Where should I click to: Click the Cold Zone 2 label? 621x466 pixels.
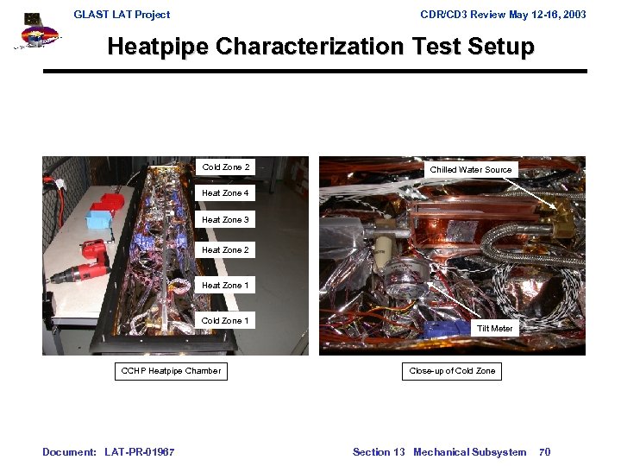click(x=226, y=167)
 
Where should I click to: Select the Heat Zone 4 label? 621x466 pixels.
click(x=225, y=193)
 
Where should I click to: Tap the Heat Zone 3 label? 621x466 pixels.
click(x=225, y=220)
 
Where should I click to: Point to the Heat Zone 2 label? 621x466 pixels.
click(x=225, y=250)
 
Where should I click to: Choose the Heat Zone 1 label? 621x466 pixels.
click(x=225, y=286)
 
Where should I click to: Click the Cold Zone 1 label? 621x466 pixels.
click(x=225, y=321)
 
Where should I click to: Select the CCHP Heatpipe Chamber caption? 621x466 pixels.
click(x=171, y=371)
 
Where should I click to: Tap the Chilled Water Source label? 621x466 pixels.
click(x=471, y=170)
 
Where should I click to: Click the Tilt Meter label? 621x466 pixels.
click(x=495, y=329)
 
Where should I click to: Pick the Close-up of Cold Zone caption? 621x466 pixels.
click(x=453, y=371)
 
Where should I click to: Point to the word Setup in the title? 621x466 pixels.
click(x=498, y=47)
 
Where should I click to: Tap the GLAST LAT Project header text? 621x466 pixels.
click(x=122, y=15)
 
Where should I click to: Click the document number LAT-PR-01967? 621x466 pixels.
click(x=139, y=452)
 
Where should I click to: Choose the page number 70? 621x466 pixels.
click(x=544, y=452)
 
